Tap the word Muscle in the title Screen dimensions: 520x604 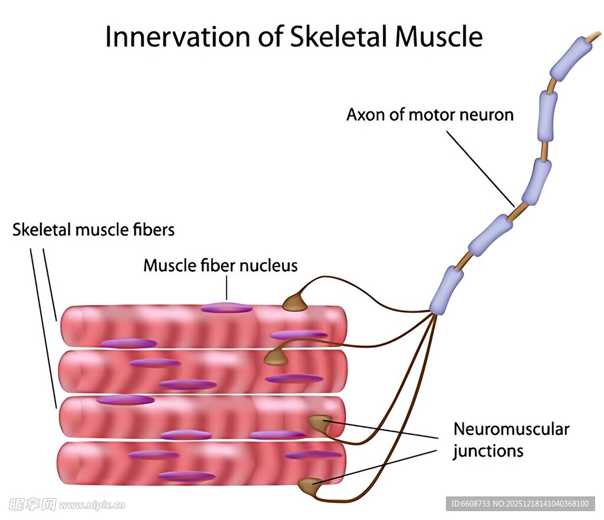(x=438, y=37)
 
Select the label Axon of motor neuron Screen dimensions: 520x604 (x=429, y=115)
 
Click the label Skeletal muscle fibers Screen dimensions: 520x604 (x=93, y=229)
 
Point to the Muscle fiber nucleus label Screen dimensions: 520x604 (x=220, y=266)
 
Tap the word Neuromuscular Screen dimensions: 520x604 (x=511, y=429)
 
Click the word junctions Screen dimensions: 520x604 (x=488, y=452)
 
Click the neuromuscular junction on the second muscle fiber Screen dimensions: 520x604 (x=275, y=356)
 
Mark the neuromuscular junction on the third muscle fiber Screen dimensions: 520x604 (x=319, y=422)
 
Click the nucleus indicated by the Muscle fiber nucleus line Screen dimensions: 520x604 (x=226, y=308)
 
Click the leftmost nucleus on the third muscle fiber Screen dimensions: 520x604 (x=125, y=400)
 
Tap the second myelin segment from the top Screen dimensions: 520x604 (x=547, y=116)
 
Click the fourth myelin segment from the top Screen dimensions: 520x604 (x=491, y=235)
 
